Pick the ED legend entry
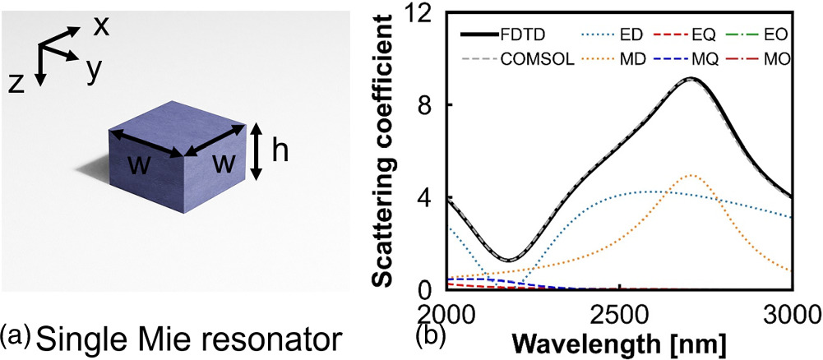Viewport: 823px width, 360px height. pyautogui.click(x=609, y=36)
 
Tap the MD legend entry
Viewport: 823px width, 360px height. pyautogui.click(x=609, y=62)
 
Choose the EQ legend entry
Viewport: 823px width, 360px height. pyautogui.click(x=686, y=36)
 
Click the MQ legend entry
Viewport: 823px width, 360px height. pyautogui.click(x=687, y=62)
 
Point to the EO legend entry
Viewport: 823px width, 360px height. pyautogui.click(x=764, y=36)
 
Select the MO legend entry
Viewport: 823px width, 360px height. pyautogui.click(x=764, y=62)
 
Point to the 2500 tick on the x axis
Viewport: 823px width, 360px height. pyautogui.click(x=617, y=314)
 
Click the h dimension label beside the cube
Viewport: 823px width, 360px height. pyautogui.click(x=281, y=150)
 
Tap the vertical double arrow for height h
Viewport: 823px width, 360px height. pyautogui.click(x=257, y=150)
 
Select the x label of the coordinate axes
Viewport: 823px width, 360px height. pyautogui.click(x=101, y=26)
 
